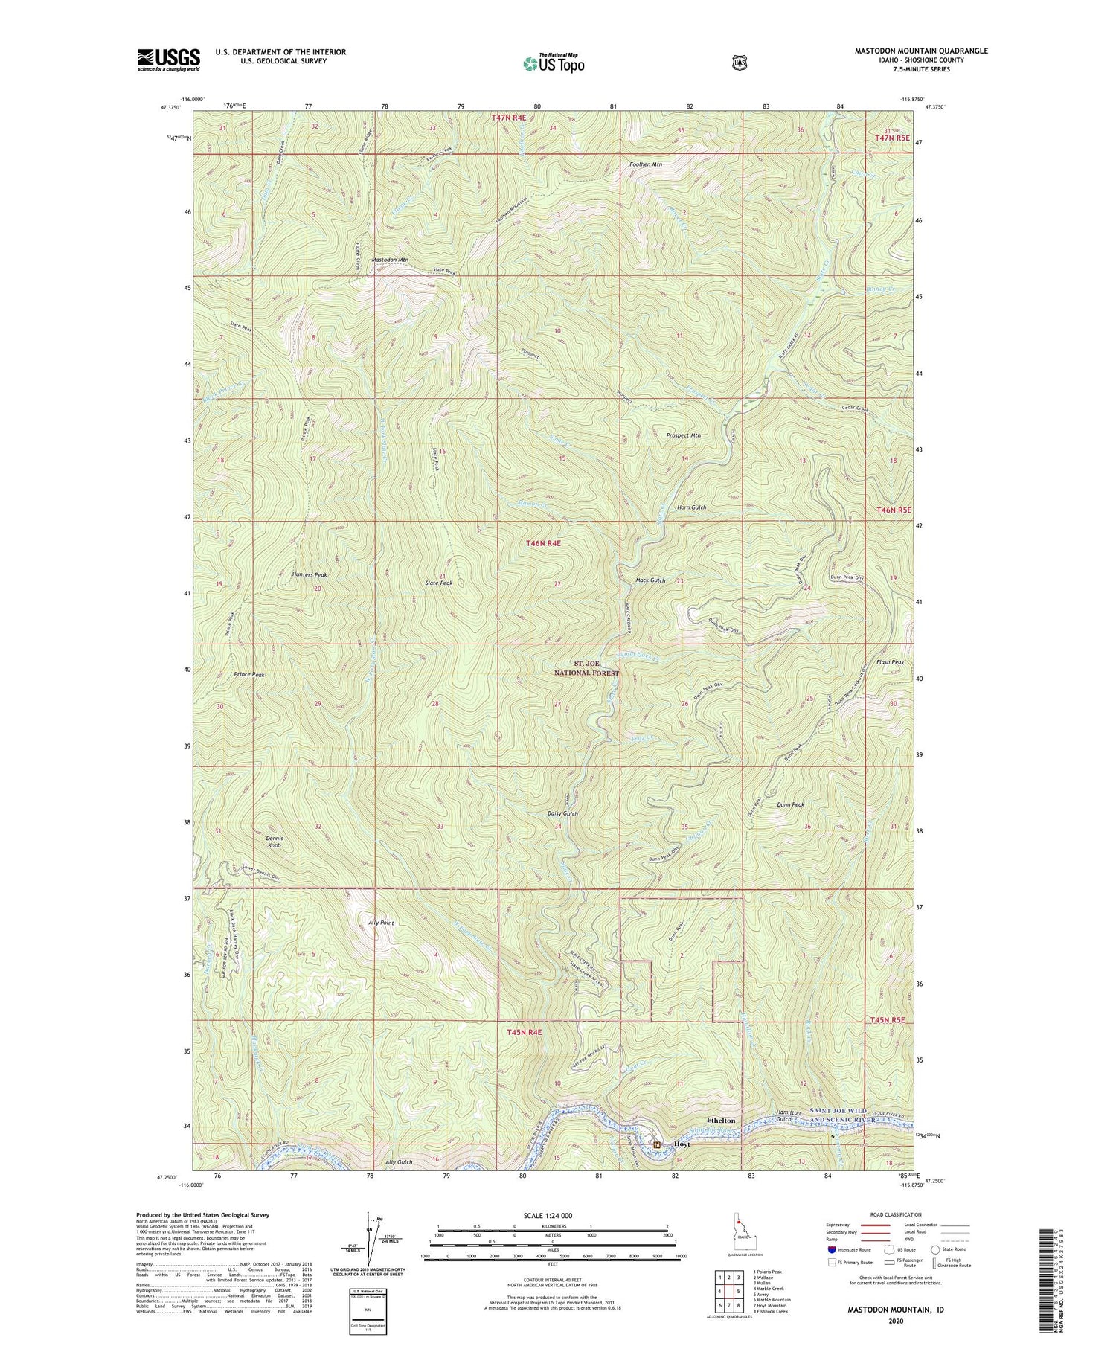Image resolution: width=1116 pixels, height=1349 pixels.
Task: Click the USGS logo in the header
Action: (168, 60)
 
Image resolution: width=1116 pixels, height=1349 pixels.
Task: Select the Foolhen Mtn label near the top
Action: (646, 164)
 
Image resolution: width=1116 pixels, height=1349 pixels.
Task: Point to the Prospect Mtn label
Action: (683, 435)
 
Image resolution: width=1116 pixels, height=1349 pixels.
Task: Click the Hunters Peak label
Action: (310, 574)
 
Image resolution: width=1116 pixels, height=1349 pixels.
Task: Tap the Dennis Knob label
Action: (275, 842)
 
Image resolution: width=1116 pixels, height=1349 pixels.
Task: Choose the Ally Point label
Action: (381, 922)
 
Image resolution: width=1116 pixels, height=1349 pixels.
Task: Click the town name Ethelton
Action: (720, 1120)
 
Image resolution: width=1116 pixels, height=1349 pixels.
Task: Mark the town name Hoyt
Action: (682, 1144)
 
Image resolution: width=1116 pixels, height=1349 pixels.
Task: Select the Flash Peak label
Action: (890, 662)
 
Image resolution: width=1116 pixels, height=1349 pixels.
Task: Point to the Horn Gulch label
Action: (691, 507)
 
